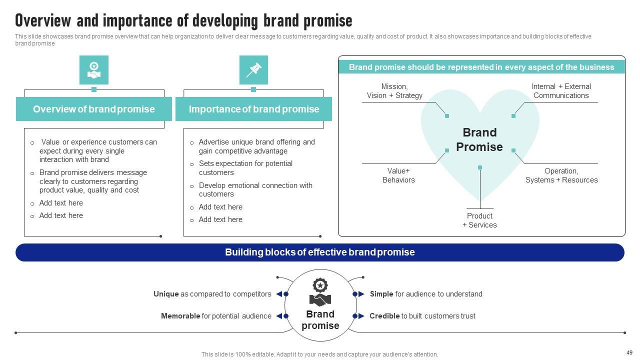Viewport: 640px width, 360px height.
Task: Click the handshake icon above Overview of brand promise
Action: click(x=94, y=70)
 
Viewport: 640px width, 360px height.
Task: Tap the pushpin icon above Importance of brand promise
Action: click(x=253, y=70)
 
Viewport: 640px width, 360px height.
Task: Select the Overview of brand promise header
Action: click(x=94, y=109)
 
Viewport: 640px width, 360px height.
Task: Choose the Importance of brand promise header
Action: click(x=253, y=109)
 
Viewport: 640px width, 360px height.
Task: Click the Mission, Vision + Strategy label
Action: click(x=394, y=91)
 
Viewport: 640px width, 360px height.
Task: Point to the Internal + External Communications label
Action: click(x=561, y=91)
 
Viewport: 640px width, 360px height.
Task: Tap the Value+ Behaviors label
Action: click(x=398, y=175)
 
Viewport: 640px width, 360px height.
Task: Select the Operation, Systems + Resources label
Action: click(x=561, y=175)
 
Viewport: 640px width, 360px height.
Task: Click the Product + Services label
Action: click(x=479, y=220)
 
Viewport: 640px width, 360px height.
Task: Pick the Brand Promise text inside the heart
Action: click(x=479, y=139)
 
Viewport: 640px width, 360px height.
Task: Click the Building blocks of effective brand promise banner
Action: click(x=320, y=252)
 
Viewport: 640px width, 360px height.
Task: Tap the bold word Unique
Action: click(x=166, y=294)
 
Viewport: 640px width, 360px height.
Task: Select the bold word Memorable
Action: click(x=180, y=316)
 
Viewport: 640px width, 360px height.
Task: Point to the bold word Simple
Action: click(x=381, y=294)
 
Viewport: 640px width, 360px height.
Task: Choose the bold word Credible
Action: click(x=384, y=316)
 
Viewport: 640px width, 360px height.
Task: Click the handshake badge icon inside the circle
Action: click(x=320, y=293)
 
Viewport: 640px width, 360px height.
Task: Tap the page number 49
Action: click(x=629, y=352)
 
